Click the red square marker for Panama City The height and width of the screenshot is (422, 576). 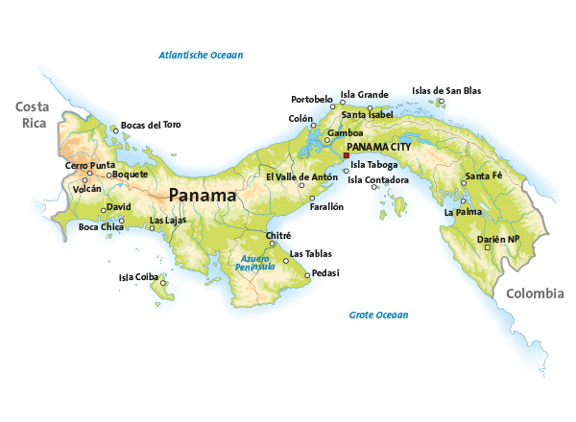[346, 155]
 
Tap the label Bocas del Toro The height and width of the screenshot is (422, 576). [150, 125]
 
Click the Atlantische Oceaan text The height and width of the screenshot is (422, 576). [201, 56]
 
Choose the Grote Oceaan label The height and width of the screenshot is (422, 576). [378, 315]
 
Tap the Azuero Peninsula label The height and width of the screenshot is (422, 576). [257, 263]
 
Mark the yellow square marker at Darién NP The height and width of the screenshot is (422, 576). [487, 247]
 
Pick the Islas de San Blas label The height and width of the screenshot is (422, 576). [446, 91]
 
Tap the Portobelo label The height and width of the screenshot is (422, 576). [312, 99]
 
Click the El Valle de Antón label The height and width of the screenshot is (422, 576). [301, 176]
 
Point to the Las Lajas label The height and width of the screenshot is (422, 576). [168, 221]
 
